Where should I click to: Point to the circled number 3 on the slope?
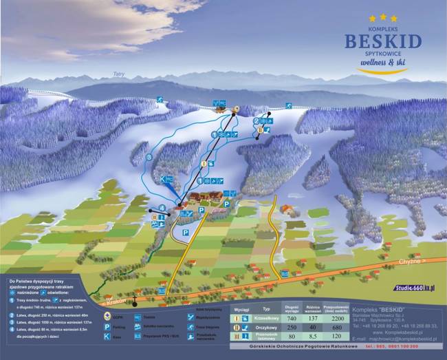coord(149,158)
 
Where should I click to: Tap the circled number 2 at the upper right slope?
coord(256,121)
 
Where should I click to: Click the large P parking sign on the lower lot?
coord(186,234)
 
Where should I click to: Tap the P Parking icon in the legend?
coord(107,327)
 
